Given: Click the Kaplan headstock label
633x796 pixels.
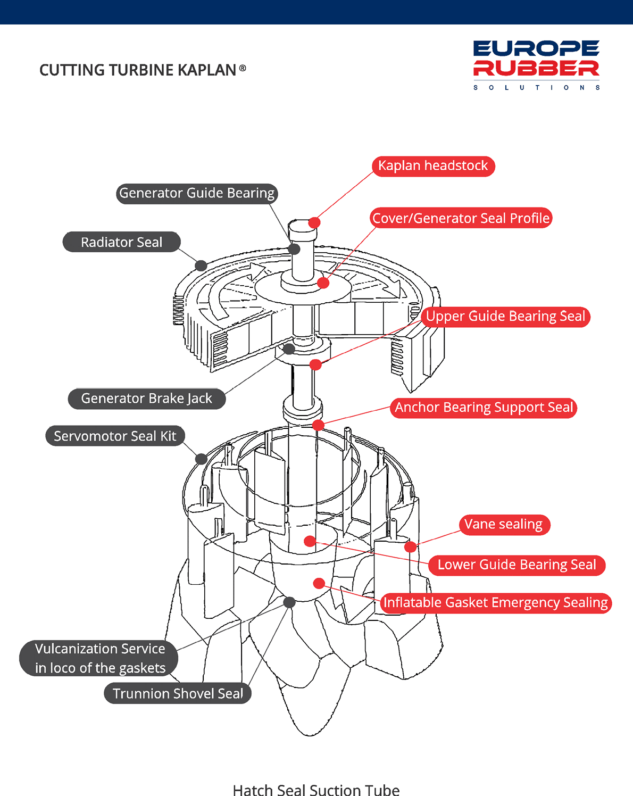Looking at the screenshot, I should [433, 166].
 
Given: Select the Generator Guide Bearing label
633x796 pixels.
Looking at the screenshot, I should [197, 193].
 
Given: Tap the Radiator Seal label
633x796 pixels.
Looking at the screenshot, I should [121, 242].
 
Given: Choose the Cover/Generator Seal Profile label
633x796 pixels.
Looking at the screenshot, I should [461, 218].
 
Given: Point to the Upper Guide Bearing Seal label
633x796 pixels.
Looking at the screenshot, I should [505, 317].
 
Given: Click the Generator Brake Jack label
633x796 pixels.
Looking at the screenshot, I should [146, 399].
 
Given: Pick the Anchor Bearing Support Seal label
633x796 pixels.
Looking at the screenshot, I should [484, 408].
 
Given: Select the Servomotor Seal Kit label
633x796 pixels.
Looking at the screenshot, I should [115, 436].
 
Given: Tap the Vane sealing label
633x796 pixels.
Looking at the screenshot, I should [503, 525].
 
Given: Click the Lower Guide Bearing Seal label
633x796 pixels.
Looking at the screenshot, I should [517, 565].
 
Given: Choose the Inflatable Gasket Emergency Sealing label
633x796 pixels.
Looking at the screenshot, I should [496, 603].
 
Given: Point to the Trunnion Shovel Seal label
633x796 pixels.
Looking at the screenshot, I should [178, 694].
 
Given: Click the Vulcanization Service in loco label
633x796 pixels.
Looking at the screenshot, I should [100, 658].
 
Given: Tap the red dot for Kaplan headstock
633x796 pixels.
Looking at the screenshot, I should [314, 222].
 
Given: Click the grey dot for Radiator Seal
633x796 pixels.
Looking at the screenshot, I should [201, 266].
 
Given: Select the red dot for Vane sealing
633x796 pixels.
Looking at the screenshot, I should [410, 546].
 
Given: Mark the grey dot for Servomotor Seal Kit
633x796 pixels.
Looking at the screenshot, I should [201, 459].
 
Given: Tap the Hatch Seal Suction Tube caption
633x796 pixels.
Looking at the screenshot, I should [316, 790].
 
